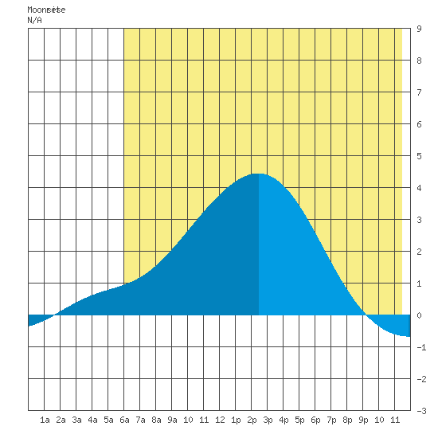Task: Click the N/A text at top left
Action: click(x=34, y=21)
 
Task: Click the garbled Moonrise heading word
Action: click(x=46, y=10)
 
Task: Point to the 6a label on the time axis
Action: click(x=124, y=420)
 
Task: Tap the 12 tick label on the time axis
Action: click(x=220, y=420)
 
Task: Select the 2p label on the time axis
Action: click(x=252, y=420)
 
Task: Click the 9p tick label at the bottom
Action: click(x=363, y=420)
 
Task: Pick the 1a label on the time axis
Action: click(x=45, y=420)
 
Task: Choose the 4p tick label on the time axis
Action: click(x=284, y=420)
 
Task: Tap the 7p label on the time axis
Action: click(x=331, y=420)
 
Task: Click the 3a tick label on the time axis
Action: click(x=76, y=420)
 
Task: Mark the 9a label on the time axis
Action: click(x=172, y=420)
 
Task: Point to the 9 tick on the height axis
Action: click(x=419, y=29)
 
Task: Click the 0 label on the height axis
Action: click(x=419, y=315)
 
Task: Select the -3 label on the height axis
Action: click(x=421, y=411)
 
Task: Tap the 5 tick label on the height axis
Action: click(x=419, y=156)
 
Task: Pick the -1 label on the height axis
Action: click(x=421, y=347)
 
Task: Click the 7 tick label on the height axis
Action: click(x=419, y=92)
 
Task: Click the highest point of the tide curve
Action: click(x=259, y=174)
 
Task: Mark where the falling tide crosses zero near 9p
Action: click(x=366, y=315)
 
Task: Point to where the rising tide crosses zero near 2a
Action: click(x=55, y=315)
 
